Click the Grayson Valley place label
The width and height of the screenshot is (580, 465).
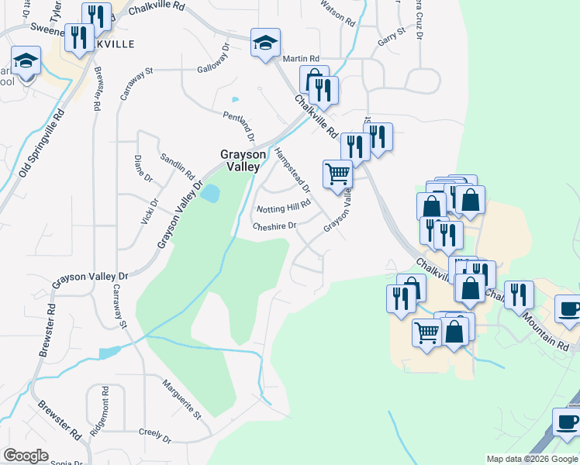[243, 160]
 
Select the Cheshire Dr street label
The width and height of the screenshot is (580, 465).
[274, 226]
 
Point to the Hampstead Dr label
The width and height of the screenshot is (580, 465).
[292, 170]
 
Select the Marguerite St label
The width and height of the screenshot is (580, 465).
[181, 398]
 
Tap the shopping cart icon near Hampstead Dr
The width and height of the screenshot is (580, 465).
[337, 174]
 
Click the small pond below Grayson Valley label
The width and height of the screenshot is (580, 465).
[209, 193]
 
